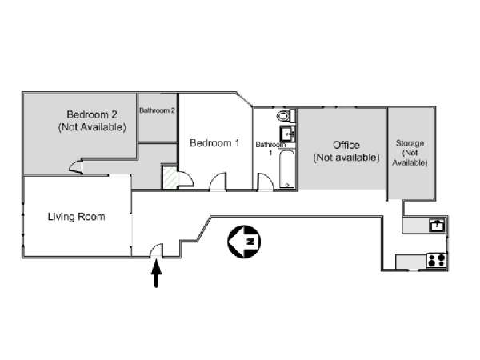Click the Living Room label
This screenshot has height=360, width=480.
coord(76,217)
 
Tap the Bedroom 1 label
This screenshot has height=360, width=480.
coord(214,143)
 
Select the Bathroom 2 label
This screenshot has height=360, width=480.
coord(157,110)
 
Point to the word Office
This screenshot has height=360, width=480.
coord(346,145)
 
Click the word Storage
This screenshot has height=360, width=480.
coord(410,143)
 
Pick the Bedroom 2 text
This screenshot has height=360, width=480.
coord(92,114)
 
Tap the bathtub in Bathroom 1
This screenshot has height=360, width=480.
coord(287,169)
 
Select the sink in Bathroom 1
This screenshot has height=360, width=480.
coord(288,134)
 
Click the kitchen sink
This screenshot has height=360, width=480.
coord(437,225)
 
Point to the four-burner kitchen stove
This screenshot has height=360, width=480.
coord(437,261)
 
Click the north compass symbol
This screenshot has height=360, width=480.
coord(244,242)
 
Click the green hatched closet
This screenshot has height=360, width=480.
coord(170,177)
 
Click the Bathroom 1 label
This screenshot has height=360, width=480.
coord(270,148)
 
